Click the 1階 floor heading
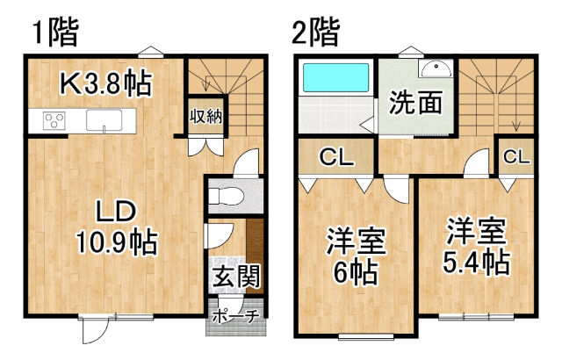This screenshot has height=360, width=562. click(x=55, y=32)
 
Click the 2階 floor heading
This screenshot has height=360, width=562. click(x=316, y=32)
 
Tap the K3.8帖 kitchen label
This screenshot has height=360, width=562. click(x=106, y=83)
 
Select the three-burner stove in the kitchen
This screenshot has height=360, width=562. click(x=54, y=120)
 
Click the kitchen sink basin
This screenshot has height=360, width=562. click(x=104, y=120)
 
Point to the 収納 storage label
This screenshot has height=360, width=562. click(x=206, y=116)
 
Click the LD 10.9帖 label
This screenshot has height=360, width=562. click(x=117, y=227)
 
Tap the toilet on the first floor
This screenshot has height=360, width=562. click(x=227, y=197)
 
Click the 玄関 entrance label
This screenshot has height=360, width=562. click(x=236, y=277)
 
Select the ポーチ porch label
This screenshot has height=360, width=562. click(x=235, y=317)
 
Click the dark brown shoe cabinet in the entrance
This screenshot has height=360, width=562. click(x=255, y=256)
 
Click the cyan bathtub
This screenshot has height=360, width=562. click(x=335, y=77)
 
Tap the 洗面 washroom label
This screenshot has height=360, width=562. click(x=415, y=103)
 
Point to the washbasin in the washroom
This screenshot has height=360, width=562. click(x=436, y=68)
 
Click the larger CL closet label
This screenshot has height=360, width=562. click(x=336, y=157)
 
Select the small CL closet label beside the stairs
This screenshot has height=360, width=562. click(x=516, y=156)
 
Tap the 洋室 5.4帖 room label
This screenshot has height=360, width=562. click(x=476, y=246)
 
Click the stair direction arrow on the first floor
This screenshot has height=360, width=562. click(x=206, y=83)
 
